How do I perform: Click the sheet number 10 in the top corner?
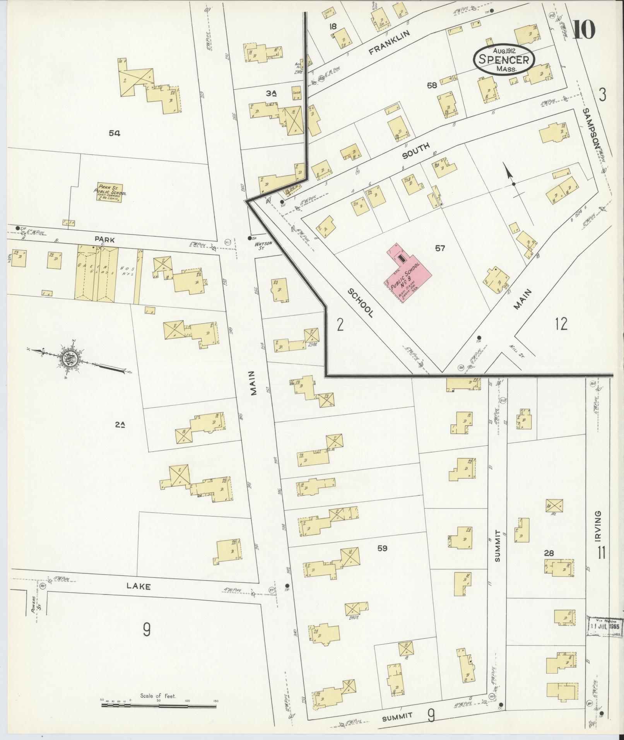(584, 30)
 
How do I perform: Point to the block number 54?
(115, 133)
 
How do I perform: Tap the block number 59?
(382, 548)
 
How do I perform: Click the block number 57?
(439, 248)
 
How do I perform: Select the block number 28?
(549, 554)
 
